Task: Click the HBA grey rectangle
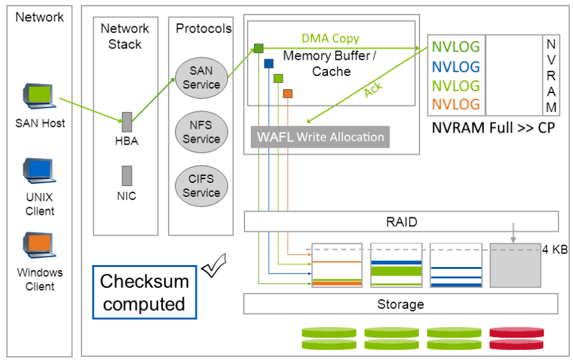127,122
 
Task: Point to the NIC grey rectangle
127,175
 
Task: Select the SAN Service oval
201,77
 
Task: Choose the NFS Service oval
201,132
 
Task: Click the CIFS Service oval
201,185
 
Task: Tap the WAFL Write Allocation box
320,137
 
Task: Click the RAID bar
401,222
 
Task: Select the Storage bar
401,304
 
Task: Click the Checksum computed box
145,292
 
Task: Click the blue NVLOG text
456,66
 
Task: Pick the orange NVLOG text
456,104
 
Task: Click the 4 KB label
555,249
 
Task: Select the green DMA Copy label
330,40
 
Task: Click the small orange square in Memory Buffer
288,94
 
